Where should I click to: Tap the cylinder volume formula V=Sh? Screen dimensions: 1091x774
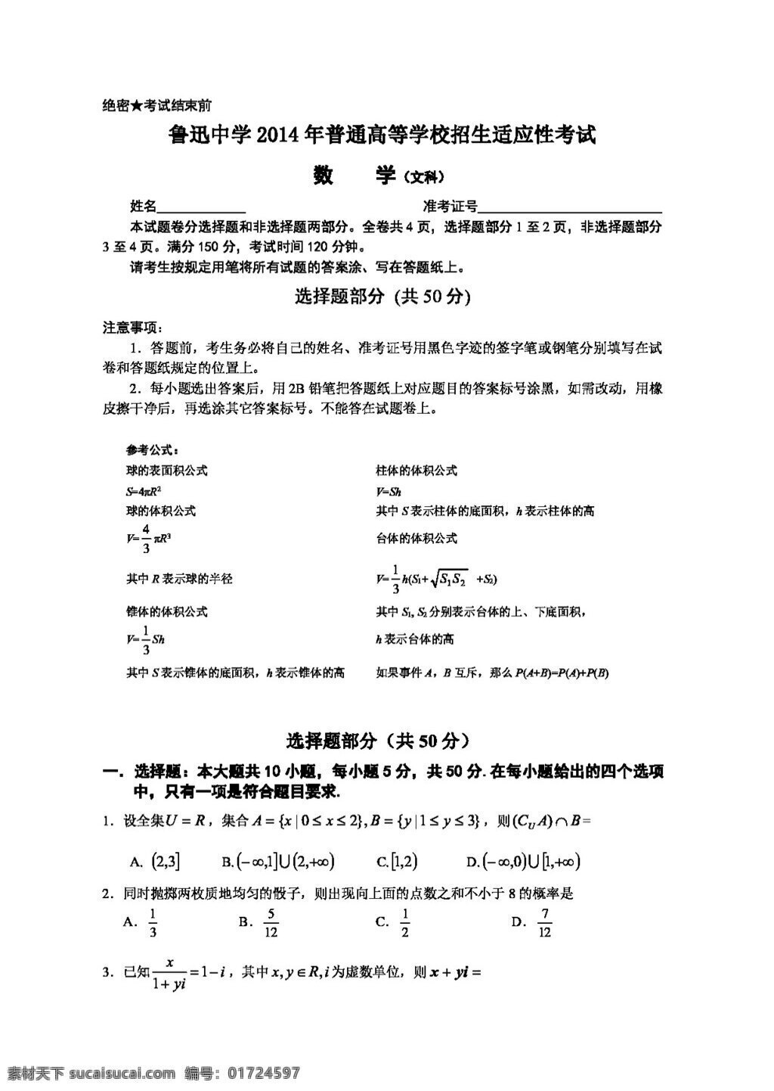click(x=389, y=491)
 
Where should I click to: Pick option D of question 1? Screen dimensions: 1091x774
click(x=523, y=861)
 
